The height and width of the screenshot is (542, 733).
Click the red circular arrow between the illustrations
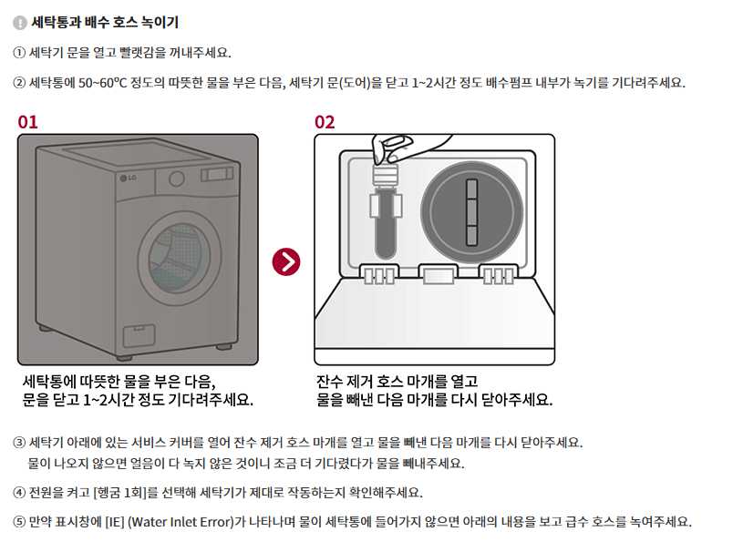[x=286, y=261]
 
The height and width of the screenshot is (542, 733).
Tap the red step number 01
[x=27, y=122]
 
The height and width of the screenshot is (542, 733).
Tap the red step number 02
[x=325, y=122]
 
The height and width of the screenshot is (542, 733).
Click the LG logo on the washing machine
[x=128, y=178]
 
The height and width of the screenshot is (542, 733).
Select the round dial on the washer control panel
[x=177, y=179]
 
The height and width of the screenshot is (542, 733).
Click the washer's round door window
[x=180, y=258]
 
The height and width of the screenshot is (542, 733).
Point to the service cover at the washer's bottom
[x=139, y=334]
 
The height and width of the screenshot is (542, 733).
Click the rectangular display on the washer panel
[x=217, y=174]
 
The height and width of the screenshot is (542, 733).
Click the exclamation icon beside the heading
[x=20, y=23]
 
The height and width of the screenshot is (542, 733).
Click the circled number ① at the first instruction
[x=19, y=52]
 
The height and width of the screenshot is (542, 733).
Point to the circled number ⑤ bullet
[x=19, y=521]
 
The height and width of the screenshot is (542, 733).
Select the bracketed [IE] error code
[x=115, y=521]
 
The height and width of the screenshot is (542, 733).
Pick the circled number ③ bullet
[x=19, y=442]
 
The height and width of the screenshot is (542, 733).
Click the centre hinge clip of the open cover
[x=438, y=273]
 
